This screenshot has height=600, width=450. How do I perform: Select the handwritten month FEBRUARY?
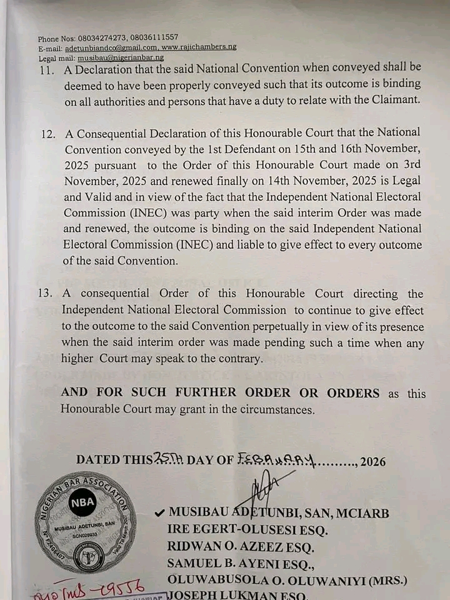tap(275, 460)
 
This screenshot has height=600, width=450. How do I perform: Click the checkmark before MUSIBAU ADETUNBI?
tap(159, 513)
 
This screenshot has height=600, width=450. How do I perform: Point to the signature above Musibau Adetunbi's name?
tap(265, 487)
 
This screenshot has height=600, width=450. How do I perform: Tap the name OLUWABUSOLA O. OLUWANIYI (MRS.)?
tap(287, 580)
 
